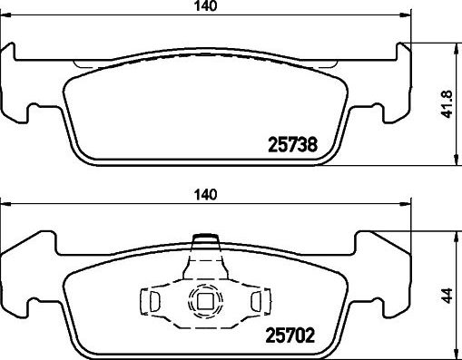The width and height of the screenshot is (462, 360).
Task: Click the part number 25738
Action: [293, 144]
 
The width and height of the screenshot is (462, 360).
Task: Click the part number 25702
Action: [290, 336]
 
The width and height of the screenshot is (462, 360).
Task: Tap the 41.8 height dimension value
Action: [447, 104]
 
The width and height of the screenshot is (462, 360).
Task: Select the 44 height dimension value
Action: [447, 296]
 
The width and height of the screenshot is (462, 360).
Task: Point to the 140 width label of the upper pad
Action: [206, 6]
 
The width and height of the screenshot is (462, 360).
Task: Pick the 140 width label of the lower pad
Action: [206, 195]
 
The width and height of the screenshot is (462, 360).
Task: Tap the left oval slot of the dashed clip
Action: [155, 301]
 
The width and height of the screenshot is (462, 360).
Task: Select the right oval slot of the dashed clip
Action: [256, 301]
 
